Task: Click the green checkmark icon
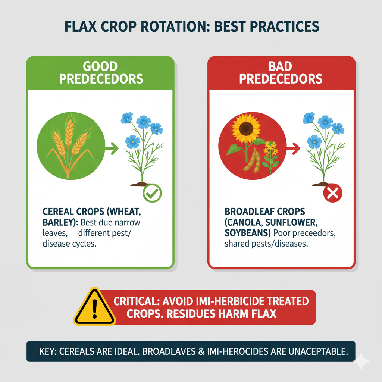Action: (152, 193)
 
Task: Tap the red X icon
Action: (332, 193)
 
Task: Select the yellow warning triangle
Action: (94, 307)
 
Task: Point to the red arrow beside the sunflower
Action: (293, 148)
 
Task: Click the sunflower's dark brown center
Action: (246, 128)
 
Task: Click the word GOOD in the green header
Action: (100, 66)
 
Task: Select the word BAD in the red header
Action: (280, 66)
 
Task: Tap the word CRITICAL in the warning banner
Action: (137, 301)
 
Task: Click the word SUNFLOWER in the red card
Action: (291, 222)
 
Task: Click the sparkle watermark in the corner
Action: (361, 361)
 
